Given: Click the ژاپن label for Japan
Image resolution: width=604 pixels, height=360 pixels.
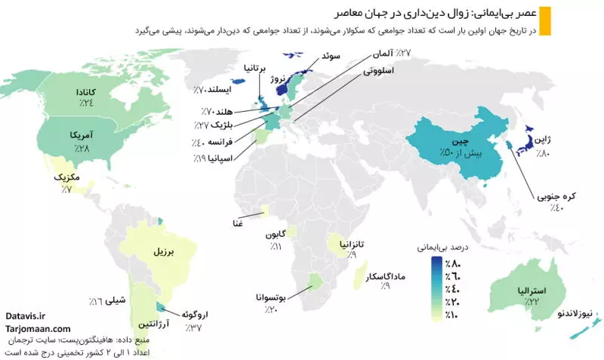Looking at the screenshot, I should click(544, 141).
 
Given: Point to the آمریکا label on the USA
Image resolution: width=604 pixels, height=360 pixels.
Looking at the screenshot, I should click(82, 134).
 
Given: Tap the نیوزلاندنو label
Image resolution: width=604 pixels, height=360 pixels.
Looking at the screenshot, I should click(578, 312).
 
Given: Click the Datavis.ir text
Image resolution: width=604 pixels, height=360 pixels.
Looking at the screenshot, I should click(25, 318).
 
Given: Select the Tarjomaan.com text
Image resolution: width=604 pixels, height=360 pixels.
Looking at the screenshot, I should click(37, 329).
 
